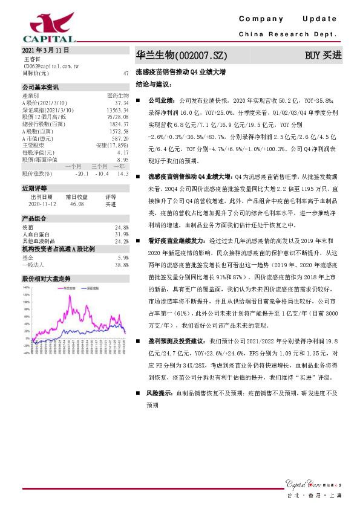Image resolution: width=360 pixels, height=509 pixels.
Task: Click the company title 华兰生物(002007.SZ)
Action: [181, 56]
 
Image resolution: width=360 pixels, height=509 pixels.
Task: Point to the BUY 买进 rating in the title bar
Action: [324, 56]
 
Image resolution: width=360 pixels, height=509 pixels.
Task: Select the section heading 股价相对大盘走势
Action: [47, 279]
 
